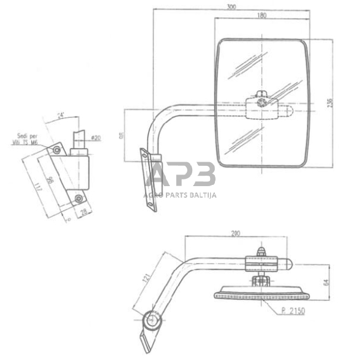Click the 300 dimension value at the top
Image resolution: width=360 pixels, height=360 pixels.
(x=230, y=7)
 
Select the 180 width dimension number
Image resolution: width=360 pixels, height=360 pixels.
(x=263, y=17)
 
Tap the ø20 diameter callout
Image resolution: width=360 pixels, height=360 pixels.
(x=96, y=138)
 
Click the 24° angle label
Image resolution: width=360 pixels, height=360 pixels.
(x=61, y=114)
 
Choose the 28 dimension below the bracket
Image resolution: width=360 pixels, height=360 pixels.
(x=83, y=211)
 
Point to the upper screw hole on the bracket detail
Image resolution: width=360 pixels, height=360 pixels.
(x=56, y=149)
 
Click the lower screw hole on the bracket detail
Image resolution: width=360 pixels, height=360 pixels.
(x=79, y=198)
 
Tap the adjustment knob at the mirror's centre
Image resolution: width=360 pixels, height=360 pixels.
(x=263, y=103)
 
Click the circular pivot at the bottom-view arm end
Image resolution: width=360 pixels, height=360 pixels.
(x=151, y=319)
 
